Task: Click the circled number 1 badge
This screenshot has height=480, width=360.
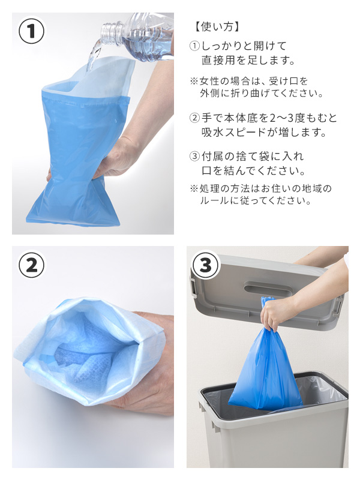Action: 32,31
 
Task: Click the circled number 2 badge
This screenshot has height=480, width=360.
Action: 32,265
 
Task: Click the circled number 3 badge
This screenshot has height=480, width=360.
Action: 205,265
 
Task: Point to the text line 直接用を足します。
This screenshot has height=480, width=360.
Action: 248,60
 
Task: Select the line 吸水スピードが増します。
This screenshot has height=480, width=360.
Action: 264,132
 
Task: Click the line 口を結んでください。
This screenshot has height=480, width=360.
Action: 253,170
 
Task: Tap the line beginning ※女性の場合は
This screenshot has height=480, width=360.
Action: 249,81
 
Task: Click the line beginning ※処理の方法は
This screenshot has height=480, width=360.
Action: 261,188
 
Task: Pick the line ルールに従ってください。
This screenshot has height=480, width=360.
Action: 256,200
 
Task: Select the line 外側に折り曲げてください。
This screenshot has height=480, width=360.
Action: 262,93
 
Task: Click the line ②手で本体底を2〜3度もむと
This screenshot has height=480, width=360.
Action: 263,118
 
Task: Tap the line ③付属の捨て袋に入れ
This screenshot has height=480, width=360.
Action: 247,157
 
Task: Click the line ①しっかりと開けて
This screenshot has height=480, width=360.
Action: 238,46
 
